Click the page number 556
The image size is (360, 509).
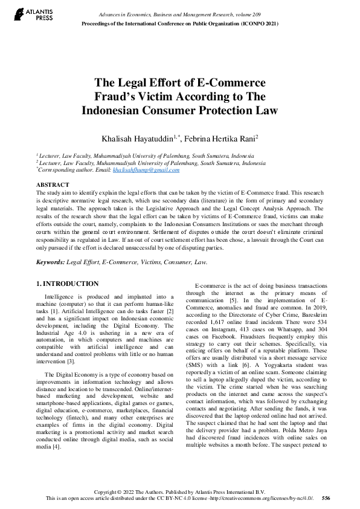click(x=326, y=499)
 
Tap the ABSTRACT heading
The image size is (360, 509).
click(x=53, y=184)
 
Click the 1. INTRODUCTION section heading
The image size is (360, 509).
click(x=67, y=284)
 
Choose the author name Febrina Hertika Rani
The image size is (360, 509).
click(x=222, y=138)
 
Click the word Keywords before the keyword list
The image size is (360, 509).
click(x=50, y=262)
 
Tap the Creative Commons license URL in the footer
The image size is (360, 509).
click(x=260, y=499)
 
